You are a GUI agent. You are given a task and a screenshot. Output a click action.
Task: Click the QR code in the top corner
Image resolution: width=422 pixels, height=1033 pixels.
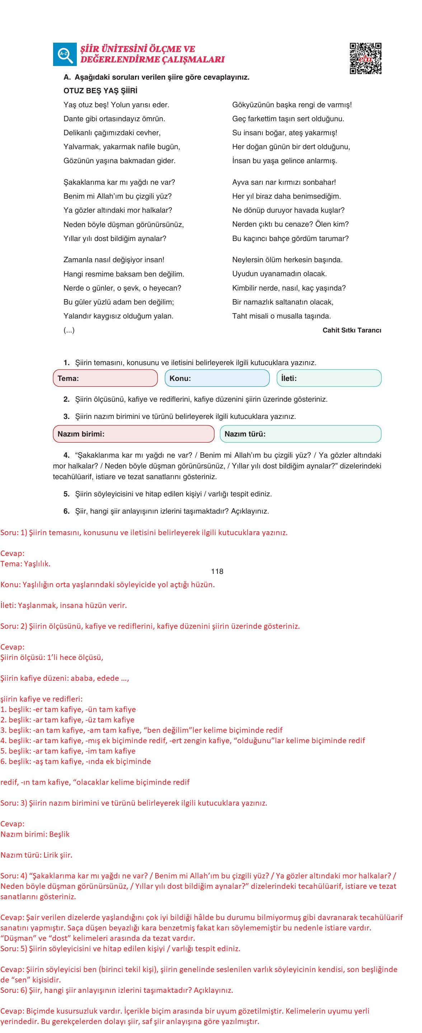[x=365, y=58]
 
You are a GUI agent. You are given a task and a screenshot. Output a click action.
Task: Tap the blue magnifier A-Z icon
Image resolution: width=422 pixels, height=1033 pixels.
[x=65, y=54]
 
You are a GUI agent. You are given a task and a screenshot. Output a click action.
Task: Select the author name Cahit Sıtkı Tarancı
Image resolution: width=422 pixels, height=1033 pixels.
[x=351, y=330]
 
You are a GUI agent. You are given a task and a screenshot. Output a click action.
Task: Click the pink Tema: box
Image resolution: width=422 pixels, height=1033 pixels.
[x=105, y=378]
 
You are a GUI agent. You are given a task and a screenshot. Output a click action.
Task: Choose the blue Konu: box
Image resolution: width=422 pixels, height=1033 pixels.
[x=217, y=378]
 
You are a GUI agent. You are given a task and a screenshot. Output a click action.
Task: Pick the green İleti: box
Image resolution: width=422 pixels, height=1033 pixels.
[x=329, y=378]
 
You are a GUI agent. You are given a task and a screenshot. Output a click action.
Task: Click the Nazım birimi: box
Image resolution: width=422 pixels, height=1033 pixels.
[x=133, y=434]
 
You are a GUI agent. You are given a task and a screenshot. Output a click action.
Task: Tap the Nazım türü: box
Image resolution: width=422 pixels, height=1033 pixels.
[x=300, y=434]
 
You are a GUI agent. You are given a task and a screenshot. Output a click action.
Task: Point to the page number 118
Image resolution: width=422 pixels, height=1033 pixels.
[x=217, y=571]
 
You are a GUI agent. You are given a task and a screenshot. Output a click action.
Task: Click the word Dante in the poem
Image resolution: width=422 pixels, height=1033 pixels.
[x=72, y=119]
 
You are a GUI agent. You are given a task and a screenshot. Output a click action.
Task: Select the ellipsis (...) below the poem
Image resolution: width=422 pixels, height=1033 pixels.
[x=69, y=330]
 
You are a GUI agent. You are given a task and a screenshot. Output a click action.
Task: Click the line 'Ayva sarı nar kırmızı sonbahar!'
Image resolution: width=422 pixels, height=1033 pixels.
[x=283, y=182]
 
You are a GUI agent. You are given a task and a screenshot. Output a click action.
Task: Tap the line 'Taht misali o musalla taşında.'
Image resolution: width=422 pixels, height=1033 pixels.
[x=281, y=316]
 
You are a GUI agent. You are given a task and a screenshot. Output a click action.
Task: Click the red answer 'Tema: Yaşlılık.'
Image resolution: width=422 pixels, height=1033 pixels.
[x=25, y=563]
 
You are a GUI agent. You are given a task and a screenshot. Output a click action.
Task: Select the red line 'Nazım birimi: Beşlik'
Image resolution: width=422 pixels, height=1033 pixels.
[x=35, y=834]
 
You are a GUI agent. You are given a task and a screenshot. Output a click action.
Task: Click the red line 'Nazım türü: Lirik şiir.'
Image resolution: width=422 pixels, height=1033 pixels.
[x=36, y=855]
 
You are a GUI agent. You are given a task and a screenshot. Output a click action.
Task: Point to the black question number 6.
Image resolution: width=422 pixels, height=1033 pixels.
[x=67, y=511]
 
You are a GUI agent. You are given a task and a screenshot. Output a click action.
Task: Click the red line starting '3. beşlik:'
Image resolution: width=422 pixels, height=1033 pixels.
[x=141, y=730]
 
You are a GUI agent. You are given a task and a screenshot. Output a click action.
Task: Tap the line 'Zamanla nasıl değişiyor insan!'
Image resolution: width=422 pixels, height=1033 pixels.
[x=113, y=260]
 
